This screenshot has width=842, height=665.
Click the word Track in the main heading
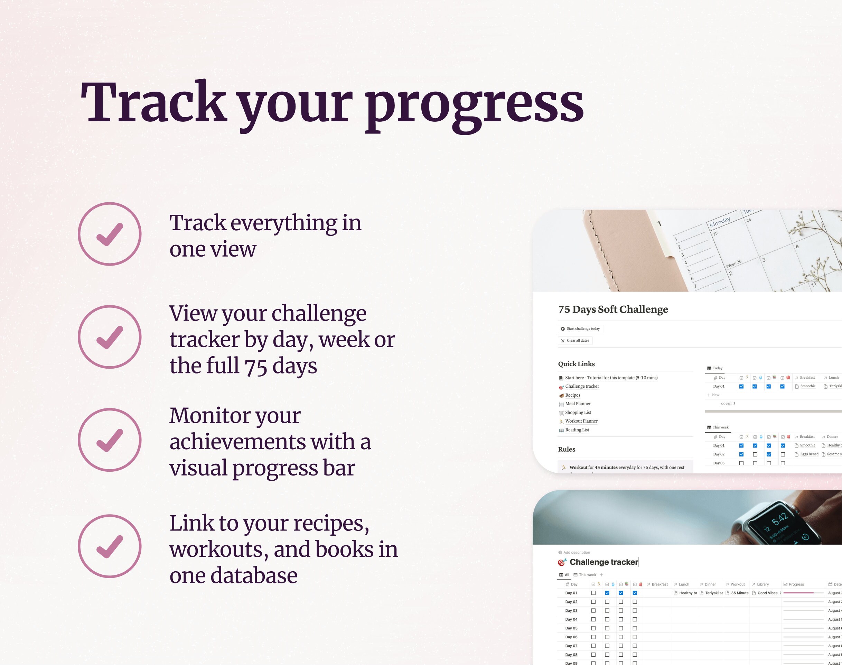tap(154, 102)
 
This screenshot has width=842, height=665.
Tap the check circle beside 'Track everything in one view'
tap(110, 234)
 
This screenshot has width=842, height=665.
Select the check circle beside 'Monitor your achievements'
tap(110, 440)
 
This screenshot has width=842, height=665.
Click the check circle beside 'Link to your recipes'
tap(110, 546)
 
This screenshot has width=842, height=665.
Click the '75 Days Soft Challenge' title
tap(613, 310)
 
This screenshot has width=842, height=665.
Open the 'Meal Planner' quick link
tap(578, 404)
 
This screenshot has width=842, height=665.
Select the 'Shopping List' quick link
tap(578, 413)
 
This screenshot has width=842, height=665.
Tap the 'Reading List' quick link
tap(577, 430)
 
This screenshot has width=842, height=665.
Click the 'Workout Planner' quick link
tap(581, 421)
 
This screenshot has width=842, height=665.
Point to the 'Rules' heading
tap(567, 449)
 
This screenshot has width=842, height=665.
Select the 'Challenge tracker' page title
tap(604, 562)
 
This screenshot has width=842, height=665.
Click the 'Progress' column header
tap(796, 584)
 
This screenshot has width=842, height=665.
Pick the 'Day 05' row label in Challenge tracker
tap(571, 628)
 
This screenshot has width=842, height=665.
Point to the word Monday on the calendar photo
tap(719, 222)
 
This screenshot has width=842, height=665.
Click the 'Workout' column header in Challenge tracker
tap(737, 584)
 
